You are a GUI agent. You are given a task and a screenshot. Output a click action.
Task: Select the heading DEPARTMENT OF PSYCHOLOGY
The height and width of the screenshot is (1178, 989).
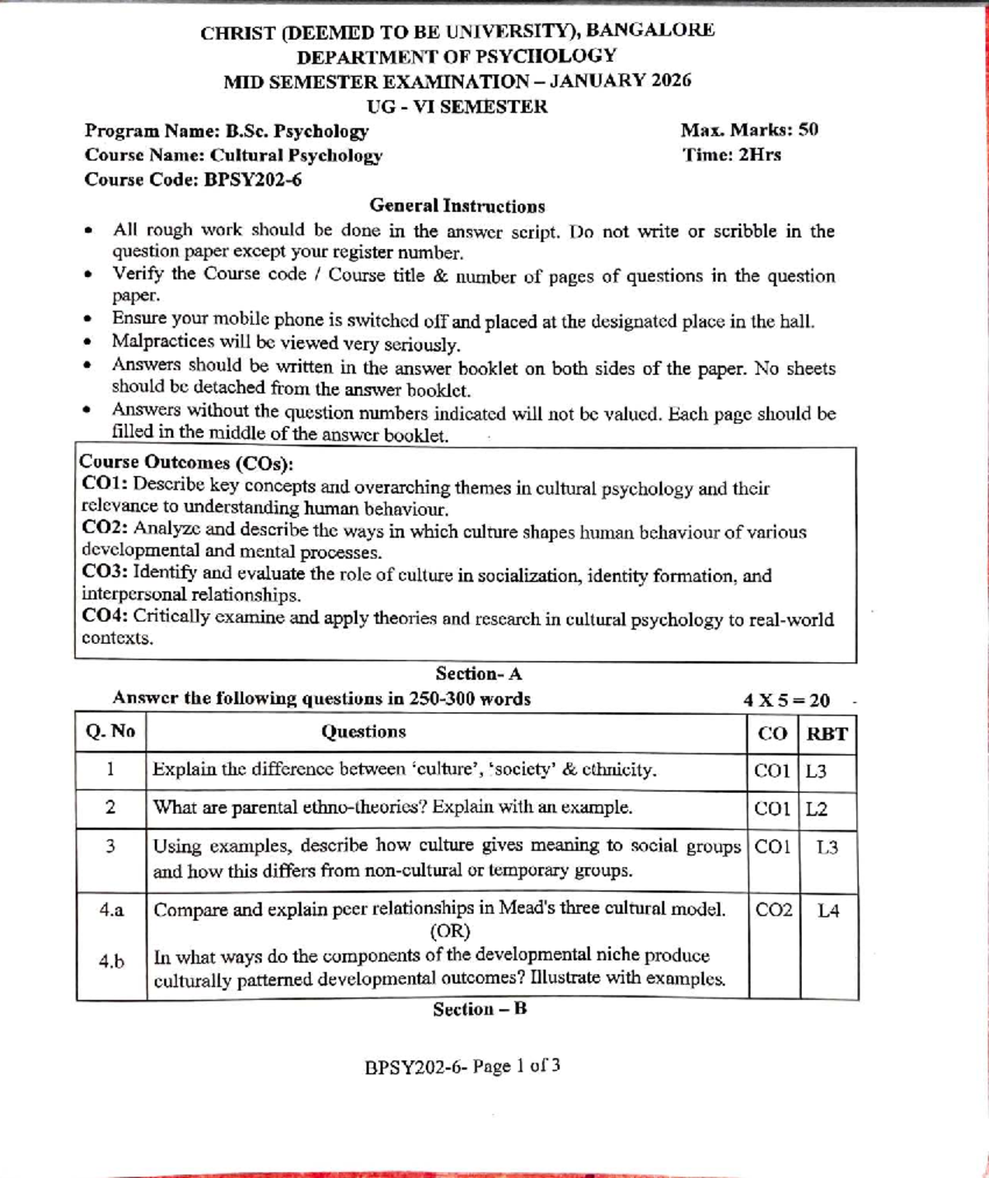tap(457, 56)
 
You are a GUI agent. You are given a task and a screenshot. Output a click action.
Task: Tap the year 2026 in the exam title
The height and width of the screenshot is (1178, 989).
tap(670, 81)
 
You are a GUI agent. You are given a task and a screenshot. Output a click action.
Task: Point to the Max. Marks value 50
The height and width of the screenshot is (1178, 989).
tap(808, 130)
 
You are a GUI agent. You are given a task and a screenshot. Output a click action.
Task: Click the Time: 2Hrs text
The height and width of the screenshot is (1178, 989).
tap(732, 155)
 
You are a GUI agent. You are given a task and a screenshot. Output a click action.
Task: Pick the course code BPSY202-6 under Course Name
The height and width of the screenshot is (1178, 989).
tap(252, 180)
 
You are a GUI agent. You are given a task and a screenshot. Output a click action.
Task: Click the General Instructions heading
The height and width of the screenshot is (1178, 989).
tap(457, 206)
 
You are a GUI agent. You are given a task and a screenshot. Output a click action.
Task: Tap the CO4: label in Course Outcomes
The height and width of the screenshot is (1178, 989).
tap(105, 617)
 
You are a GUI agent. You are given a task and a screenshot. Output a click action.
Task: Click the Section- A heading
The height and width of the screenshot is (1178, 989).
tap(479, 673)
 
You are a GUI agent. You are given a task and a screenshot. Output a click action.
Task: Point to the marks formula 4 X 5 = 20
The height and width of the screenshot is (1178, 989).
tap(786, 701)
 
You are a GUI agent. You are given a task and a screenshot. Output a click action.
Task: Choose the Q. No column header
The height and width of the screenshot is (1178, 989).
tap(110, 731)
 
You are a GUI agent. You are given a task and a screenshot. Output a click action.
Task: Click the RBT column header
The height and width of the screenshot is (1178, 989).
tap(827, 734)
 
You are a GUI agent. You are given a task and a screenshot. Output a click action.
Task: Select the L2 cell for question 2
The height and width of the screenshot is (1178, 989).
tap(816, 809)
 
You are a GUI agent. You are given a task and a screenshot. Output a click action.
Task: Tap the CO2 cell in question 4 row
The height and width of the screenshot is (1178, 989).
tap(773, 910)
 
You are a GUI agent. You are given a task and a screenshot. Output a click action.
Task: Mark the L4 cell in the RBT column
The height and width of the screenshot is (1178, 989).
tap(827, 911)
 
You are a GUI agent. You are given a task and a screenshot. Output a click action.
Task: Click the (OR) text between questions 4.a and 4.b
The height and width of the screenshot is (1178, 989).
tap(450, 932)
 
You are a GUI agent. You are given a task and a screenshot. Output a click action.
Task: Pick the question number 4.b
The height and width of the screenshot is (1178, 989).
tap(111, 961)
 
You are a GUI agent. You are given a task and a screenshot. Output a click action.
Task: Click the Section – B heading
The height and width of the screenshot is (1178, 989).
tap(480, 1009)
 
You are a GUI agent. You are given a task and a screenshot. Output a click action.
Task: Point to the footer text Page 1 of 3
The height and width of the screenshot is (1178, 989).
tap(517, 1066)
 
